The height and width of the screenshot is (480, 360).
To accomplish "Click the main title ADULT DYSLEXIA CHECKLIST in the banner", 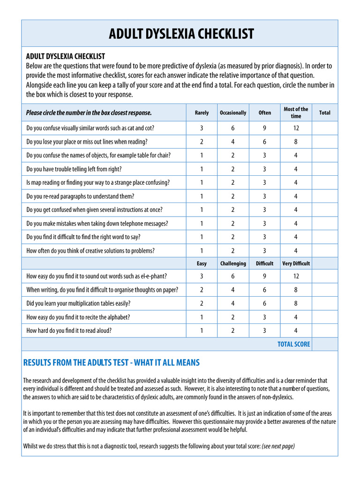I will (181, 34).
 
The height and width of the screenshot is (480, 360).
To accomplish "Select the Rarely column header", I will (202, 113).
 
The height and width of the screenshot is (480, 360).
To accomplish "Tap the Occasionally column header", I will (233, 113).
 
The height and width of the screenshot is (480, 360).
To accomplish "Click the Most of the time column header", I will (296, 112).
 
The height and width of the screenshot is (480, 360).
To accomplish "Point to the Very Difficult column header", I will (296, 263).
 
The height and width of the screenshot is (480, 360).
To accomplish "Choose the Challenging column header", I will (233, 263).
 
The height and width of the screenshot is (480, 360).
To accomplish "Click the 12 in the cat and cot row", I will (296, 128).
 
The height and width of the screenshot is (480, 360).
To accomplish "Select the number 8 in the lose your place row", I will (296, 142).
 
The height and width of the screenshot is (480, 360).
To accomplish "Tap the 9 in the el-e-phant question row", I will (265, 277).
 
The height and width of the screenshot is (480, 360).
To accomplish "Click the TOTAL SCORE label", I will (293, 344).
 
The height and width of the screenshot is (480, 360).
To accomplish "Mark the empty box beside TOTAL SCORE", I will (324, 344).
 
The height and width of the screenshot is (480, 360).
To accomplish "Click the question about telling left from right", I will (74, 169).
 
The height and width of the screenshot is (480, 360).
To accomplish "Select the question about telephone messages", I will (97, 224).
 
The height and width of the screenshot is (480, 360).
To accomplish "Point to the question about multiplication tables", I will (78, 303).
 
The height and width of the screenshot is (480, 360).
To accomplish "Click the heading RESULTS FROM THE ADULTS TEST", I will (111, 362).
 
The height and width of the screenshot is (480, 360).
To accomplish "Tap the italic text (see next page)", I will (278, 446).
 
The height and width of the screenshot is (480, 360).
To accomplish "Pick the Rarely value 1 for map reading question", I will (202, 183).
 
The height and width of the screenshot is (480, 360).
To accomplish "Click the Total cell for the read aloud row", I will (324, 330).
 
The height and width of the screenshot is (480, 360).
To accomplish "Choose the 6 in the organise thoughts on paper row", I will (265, 290).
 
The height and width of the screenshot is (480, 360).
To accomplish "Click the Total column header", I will (324, 113).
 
